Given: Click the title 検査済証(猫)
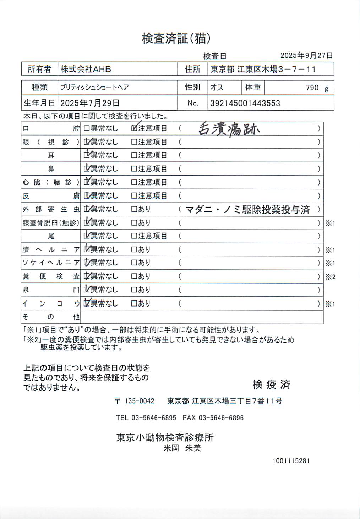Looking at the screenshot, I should click(x=176, y=38).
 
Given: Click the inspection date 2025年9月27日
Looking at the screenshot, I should click(x=306, y=55).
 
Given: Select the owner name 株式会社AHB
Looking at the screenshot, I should click(x=86, y=69).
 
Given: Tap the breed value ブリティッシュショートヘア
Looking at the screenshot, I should click(x=94, y=87).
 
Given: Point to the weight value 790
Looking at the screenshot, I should click(x=312, y=88).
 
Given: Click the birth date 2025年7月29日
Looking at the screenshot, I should click(x=90, y=103).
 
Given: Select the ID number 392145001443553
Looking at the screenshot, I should click(x=245, y=103).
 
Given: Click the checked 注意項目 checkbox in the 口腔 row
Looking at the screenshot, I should click(x=134, y=128).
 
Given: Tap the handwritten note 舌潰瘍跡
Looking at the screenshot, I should click(x=229, y=129).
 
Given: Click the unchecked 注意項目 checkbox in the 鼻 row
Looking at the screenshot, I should click(x=134, y=169).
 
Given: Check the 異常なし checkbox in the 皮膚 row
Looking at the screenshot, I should click(x=87, y=196).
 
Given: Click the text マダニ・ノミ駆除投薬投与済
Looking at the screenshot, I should click(x=248, y=210).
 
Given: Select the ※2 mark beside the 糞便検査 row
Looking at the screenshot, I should click(x=330, y=277).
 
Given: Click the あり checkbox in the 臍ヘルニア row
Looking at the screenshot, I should click(x=134, y=250).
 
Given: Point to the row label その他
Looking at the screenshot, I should click(x=51, y=316).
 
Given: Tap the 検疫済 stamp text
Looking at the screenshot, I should click(x=271, y=384).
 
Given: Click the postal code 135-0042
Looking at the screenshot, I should click(x=139, y=401).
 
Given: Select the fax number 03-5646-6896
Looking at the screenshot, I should click(x=221, y=418).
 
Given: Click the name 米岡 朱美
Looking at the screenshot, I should click(x=182, y=448).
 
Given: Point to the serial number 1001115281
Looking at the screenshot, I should click(x=291, y=461).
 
